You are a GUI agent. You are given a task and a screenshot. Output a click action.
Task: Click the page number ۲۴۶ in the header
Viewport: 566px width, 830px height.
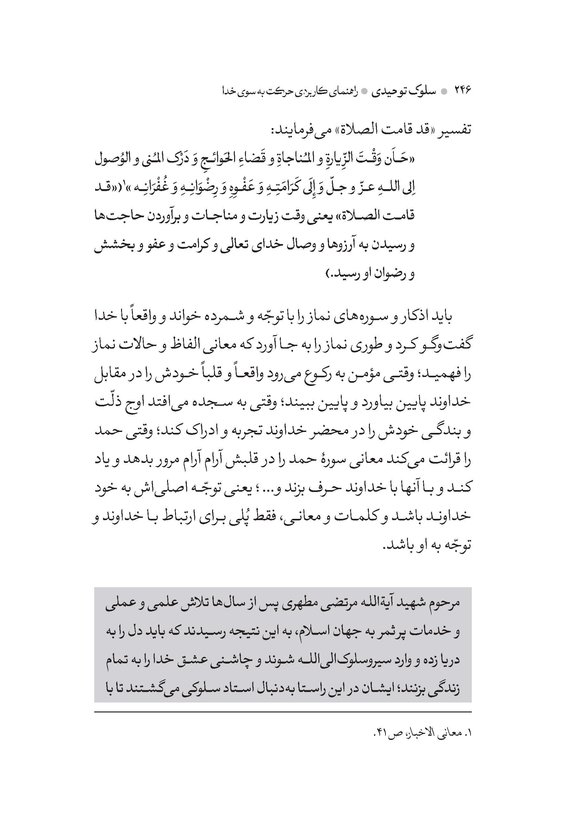pos(463,91)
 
